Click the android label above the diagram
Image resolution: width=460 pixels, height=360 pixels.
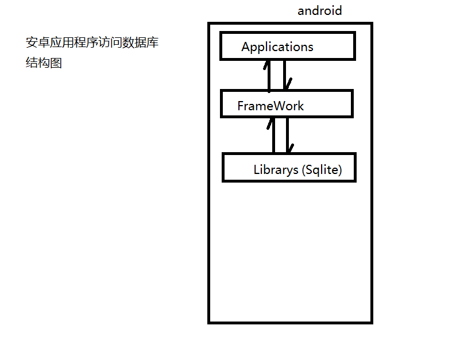click(319, 10)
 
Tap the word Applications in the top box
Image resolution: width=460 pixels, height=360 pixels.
click(277, 47)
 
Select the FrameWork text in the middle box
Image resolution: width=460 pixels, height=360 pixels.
click(270, 106)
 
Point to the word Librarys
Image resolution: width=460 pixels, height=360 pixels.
click(276, 170)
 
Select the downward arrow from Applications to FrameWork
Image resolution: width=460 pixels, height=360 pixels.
click(285, 75)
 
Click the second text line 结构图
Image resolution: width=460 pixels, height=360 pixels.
click(44, 63)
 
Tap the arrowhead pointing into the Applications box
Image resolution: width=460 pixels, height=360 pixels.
click(266, 64)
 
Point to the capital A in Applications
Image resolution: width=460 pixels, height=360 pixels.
click(246, 47)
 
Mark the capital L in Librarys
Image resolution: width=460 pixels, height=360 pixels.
click(257, 170)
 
